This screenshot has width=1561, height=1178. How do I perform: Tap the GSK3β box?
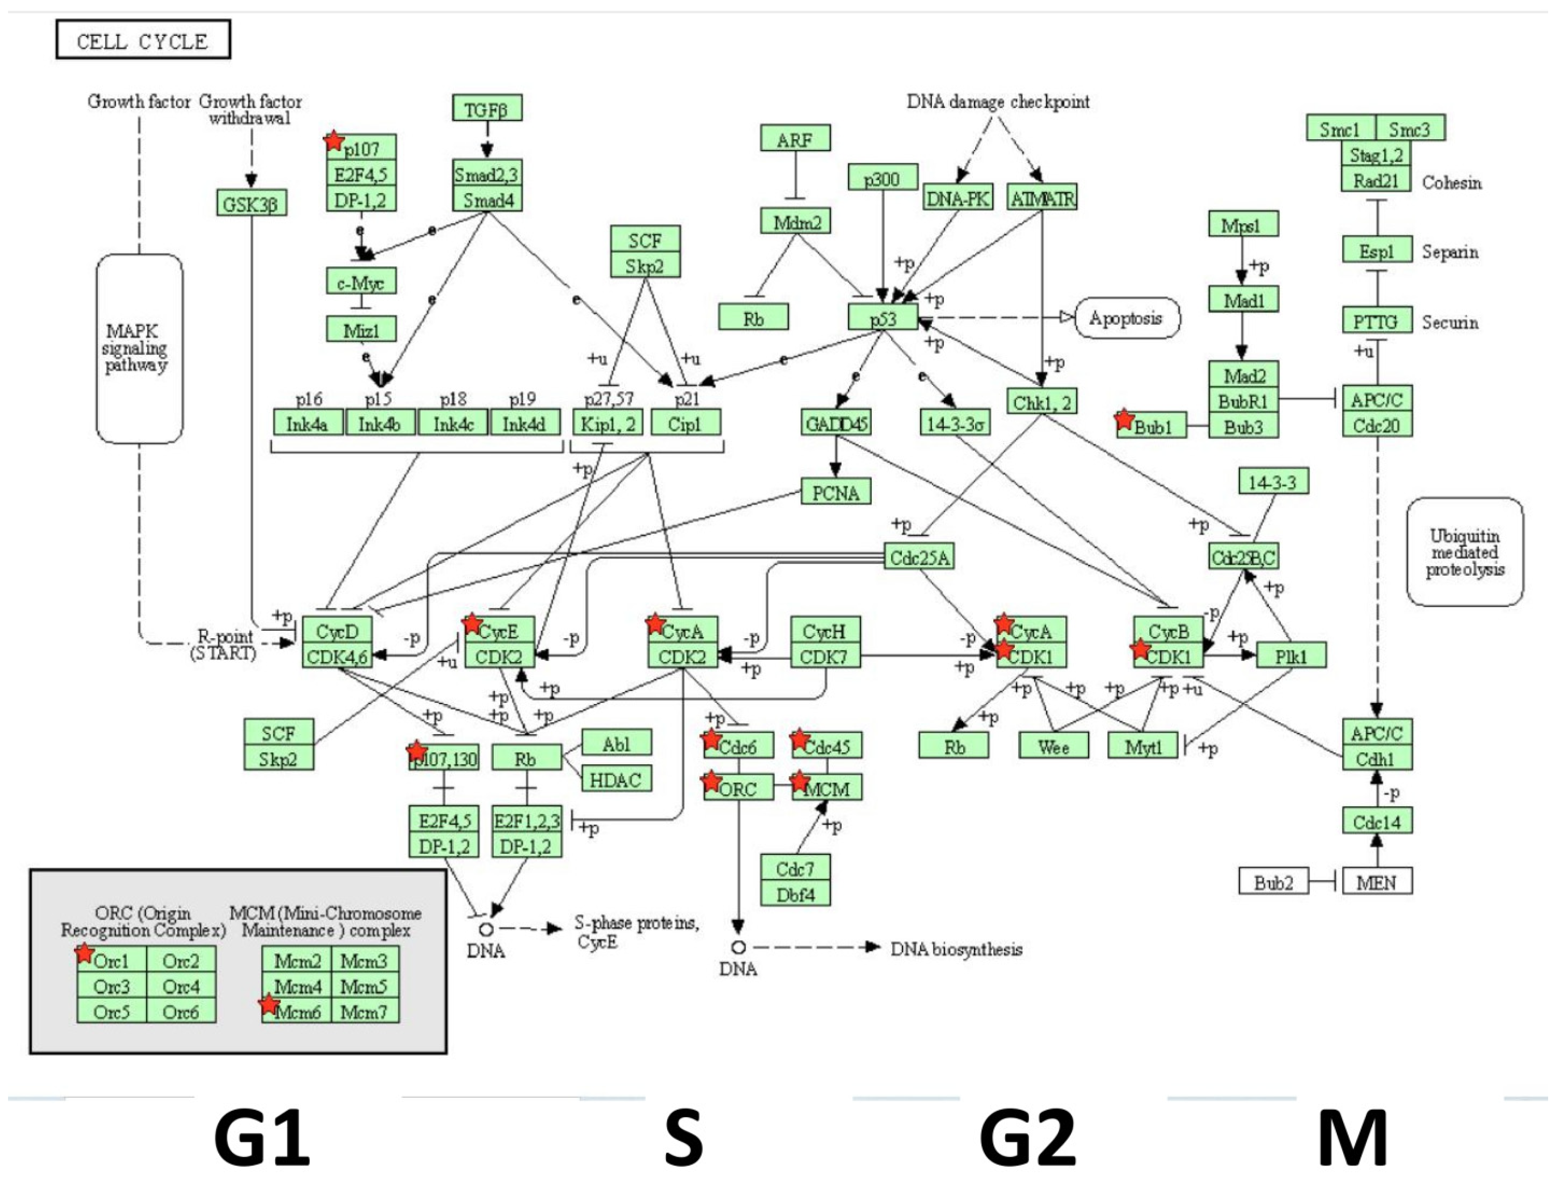click(251, 204)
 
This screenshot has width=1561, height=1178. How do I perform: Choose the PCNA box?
click(835, 492)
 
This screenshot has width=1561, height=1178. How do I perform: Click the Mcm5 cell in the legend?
click(364, 985)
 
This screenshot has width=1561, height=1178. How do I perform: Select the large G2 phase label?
click(1027, 1137)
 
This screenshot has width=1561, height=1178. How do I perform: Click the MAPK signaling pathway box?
click(139, 348)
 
